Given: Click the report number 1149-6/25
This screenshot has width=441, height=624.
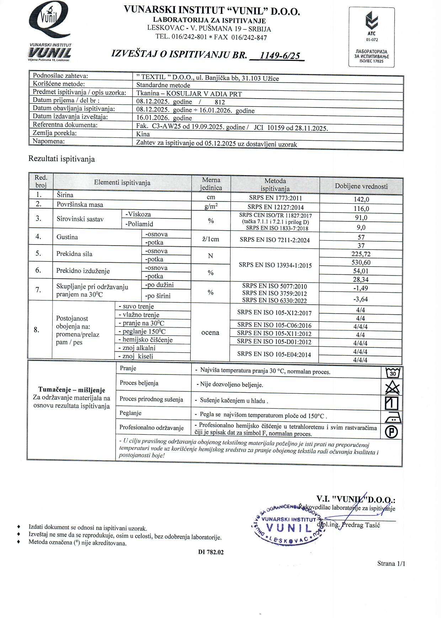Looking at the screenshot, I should click(x=280, y=56).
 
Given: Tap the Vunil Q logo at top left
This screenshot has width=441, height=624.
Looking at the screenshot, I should click(x=50, y=21).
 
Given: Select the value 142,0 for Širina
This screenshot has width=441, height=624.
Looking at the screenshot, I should click(x=361, y=199).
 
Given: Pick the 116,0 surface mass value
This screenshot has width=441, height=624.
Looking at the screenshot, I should click(x=361, y=209).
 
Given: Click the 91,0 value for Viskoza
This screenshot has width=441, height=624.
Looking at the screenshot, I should click(x=361, y=218).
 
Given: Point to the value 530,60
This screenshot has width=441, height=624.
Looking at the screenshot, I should click(x=361, y=262).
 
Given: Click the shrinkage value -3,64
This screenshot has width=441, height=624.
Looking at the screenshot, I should click(x=361, y=299).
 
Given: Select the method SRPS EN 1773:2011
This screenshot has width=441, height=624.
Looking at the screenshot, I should click(x=275, y=198).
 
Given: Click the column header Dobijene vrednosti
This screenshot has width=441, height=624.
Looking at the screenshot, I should click(x=361, y=186).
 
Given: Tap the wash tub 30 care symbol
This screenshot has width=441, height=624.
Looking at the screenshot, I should click(x=393, y=373).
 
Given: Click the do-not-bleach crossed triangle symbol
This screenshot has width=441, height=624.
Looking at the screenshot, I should click(x=392, y=387).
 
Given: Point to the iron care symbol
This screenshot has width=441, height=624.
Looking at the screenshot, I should click(x=393, y=417).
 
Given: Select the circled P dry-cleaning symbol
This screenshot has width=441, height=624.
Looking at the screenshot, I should click(x=392, y=432).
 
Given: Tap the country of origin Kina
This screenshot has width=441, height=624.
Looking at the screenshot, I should click(x=143, y=134).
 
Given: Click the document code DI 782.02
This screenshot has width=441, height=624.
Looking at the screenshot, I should click(x=211, y=552).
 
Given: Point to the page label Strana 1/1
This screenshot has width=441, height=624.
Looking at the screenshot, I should click(x=391, y=563).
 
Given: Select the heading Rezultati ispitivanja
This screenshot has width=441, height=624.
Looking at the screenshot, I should click(x=62, y=159).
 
